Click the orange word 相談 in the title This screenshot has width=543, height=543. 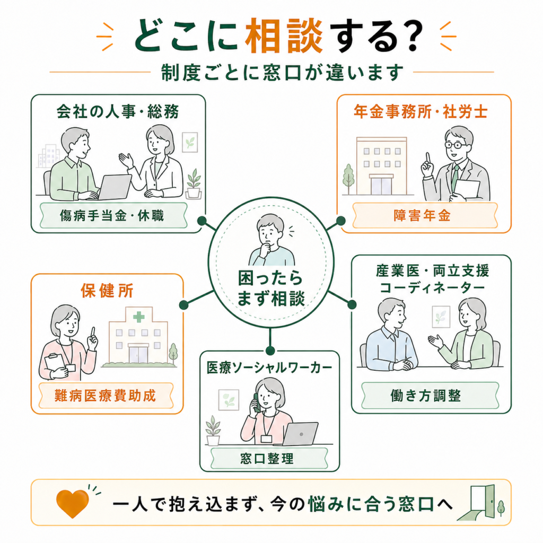click(284, 36)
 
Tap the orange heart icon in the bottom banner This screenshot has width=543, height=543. click(72, 503)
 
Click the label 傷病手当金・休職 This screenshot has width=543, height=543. click(112, 216)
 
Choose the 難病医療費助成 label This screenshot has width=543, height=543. click(106, 396)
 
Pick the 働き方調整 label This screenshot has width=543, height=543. click(426, 396)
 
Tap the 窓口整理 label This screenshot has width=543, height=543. click(267, 459)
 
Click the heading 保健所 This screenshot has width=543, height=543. click(107, 290)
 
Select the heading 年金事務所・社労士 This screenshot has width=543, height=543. click(421, 111)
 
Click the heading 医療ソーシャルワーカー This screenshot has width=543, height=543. click(269, 368)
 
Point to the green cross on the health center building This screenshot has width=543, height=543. click(139, 317)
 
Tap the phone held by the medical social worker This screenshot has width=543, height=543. click(257, 403)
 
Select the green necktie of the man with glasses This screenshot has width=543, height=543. click(454, 177)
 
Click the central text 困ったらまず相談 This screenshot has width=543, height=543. click(271, 288)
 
